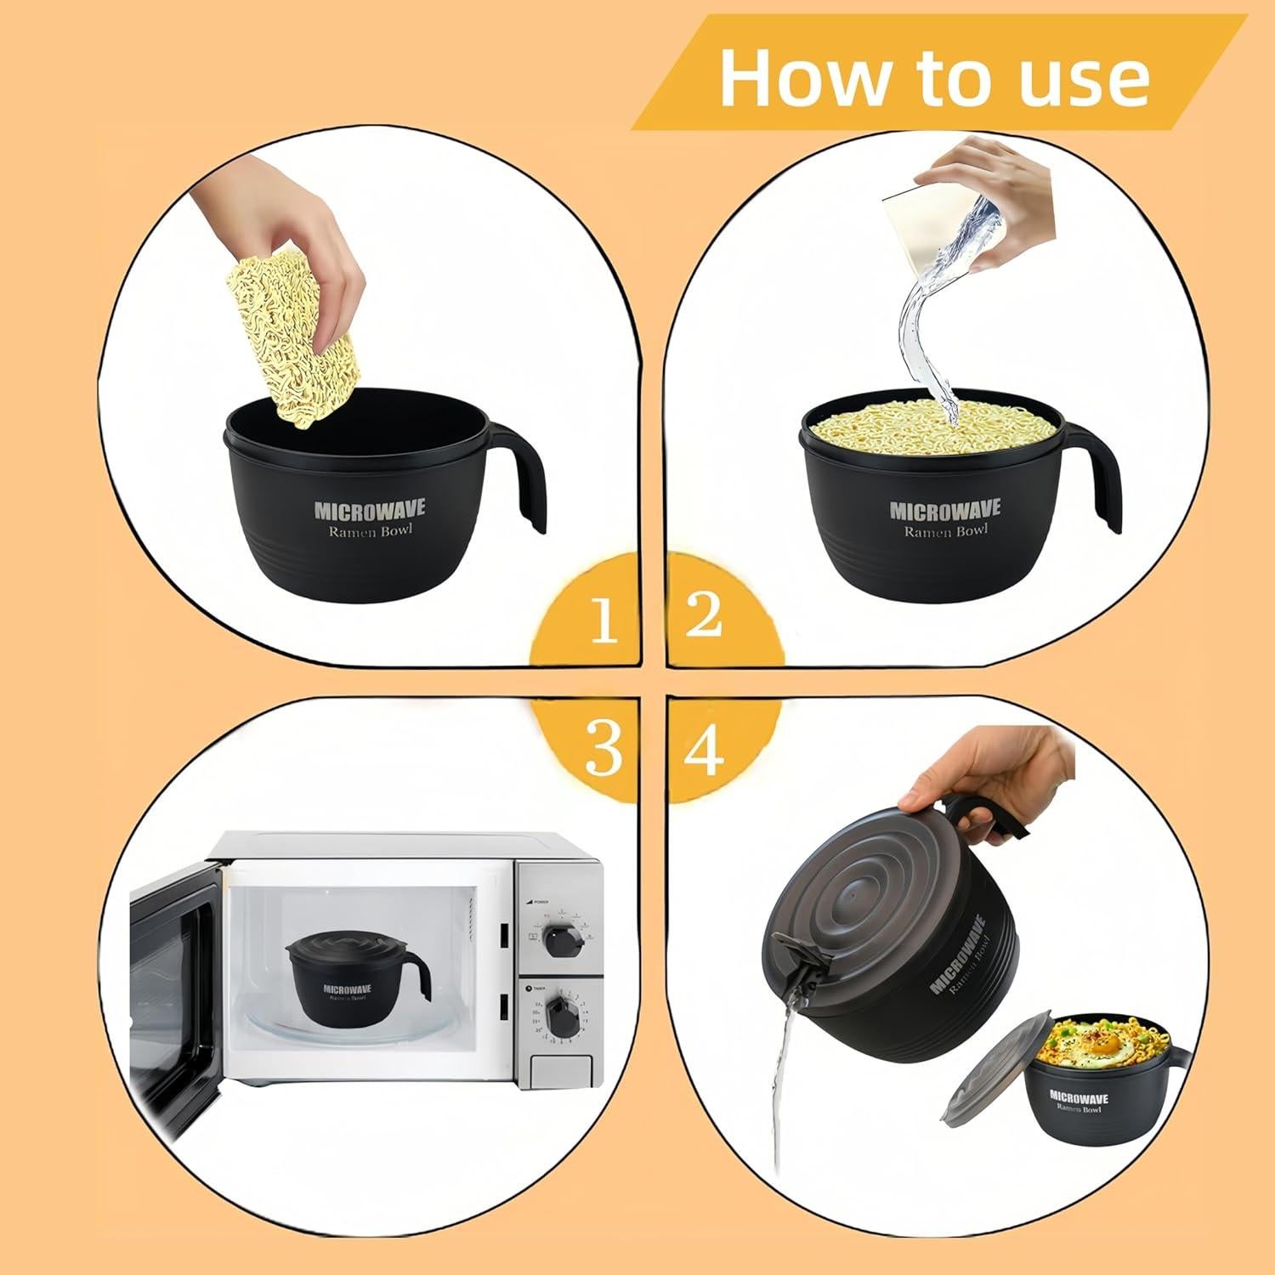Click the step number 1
[603, 620]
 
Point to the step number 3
[603, 748]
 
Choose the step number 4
[704, 749]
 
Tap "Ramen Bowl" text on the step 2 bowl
[944, 531]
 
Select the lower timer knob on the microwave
[561, 1017]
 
